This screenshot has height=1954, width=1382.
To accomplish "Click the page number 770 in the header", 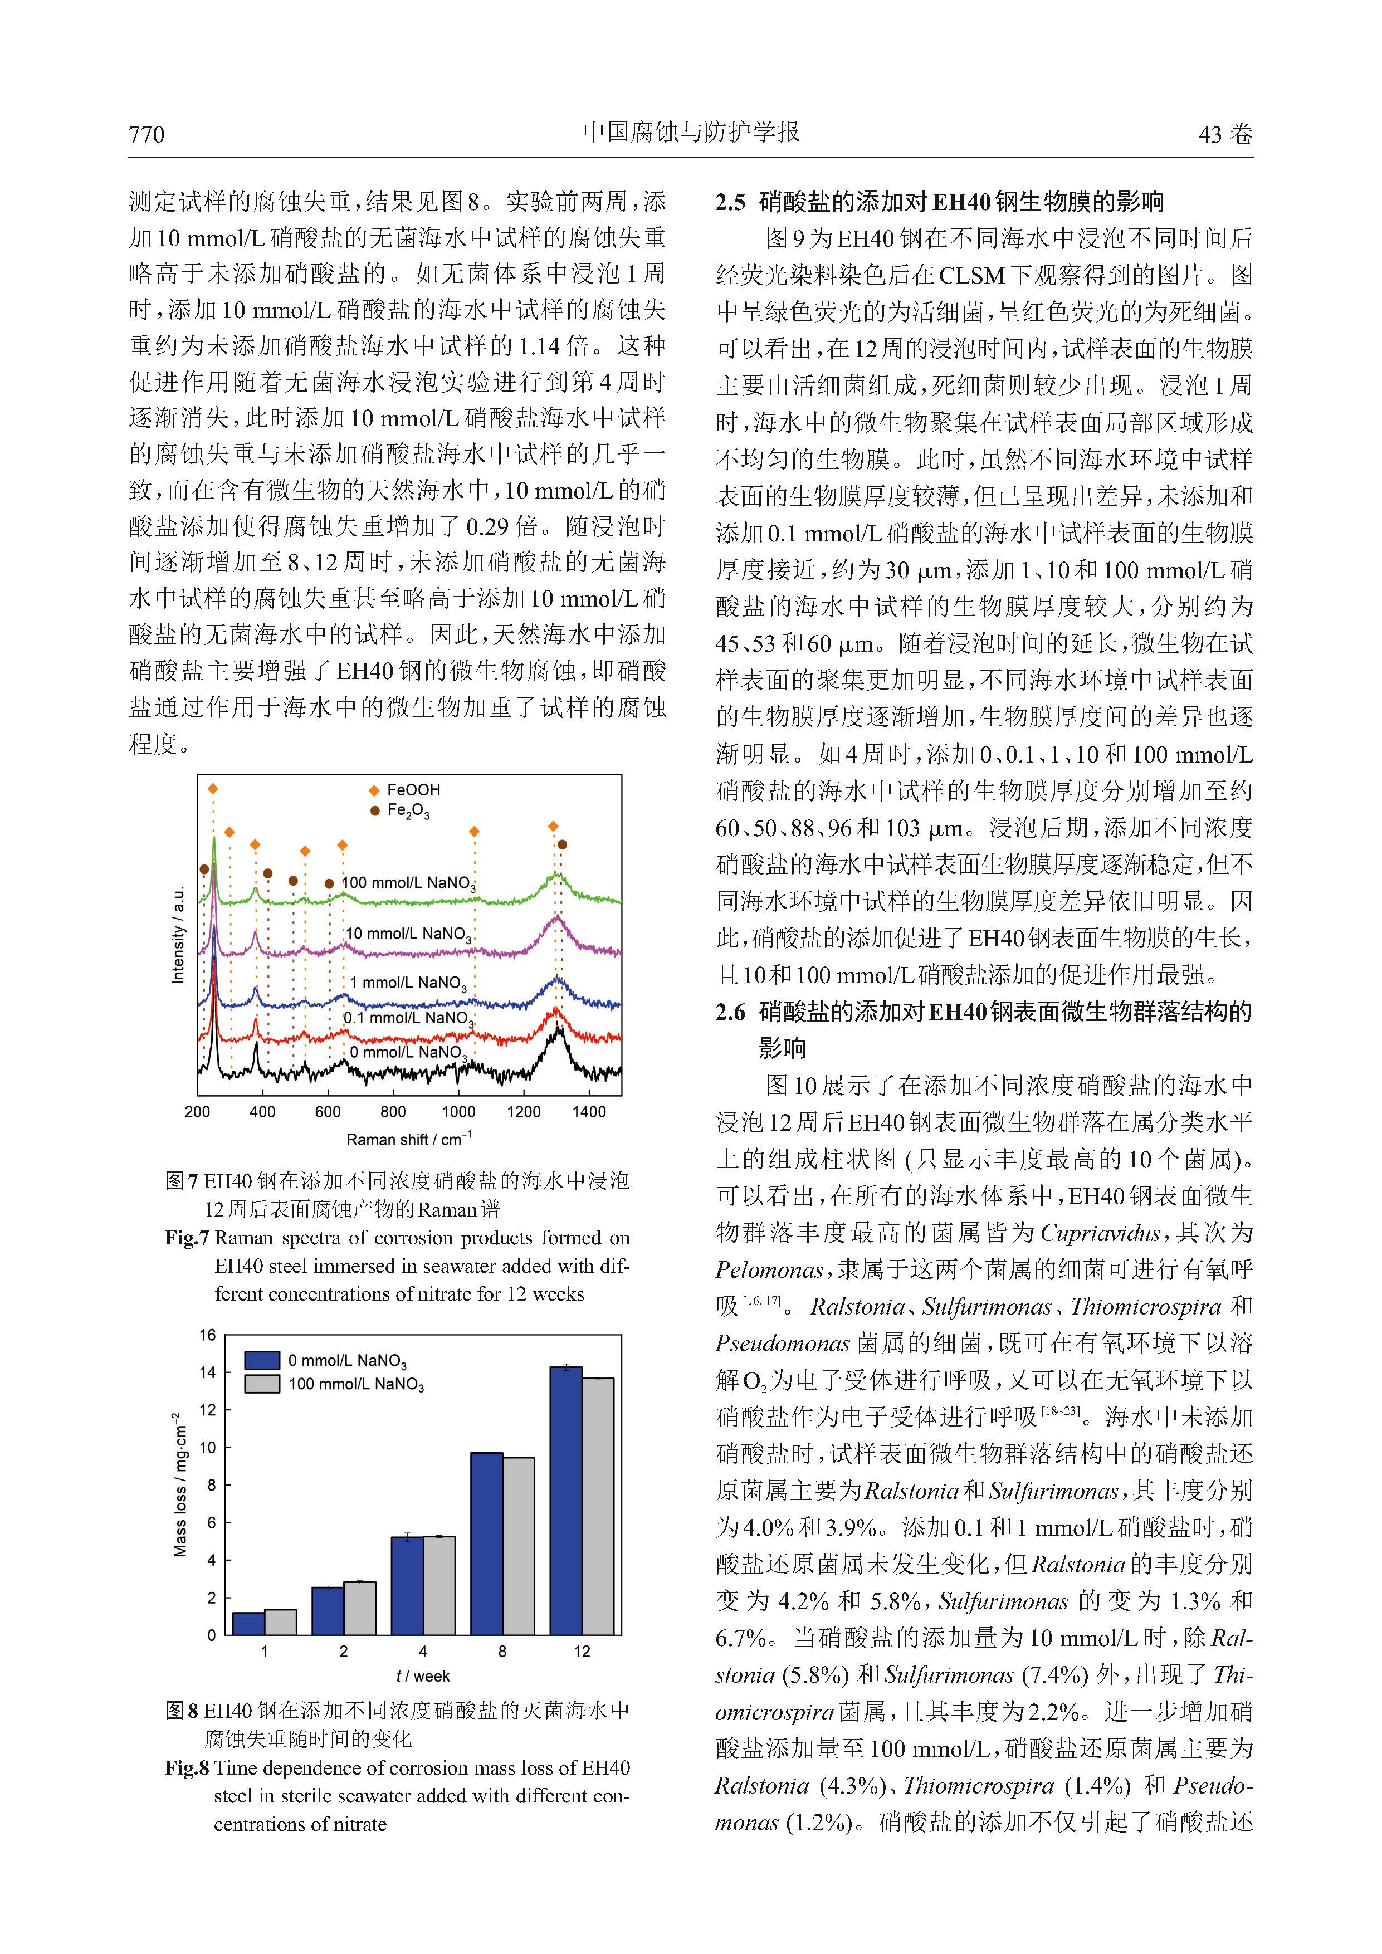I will pos(146,134).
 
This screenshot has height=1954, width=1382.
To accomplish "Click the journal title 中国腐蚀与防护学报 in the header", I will pos(691,133).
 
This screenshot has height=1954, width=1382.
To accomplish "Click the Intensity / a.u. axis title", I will pos(178,935).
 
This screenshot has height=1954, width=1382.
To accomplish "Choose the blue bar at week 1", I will pos(248,1623).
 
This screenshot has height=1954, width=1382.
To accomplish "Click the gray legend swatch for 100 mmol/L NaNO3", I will pos(262,1384).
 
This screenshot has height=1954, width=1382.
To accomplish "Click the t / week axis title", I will pos(423,1675).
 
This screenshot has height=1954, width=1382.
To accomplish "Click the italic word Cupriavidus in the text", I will pos(1100,1233).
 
